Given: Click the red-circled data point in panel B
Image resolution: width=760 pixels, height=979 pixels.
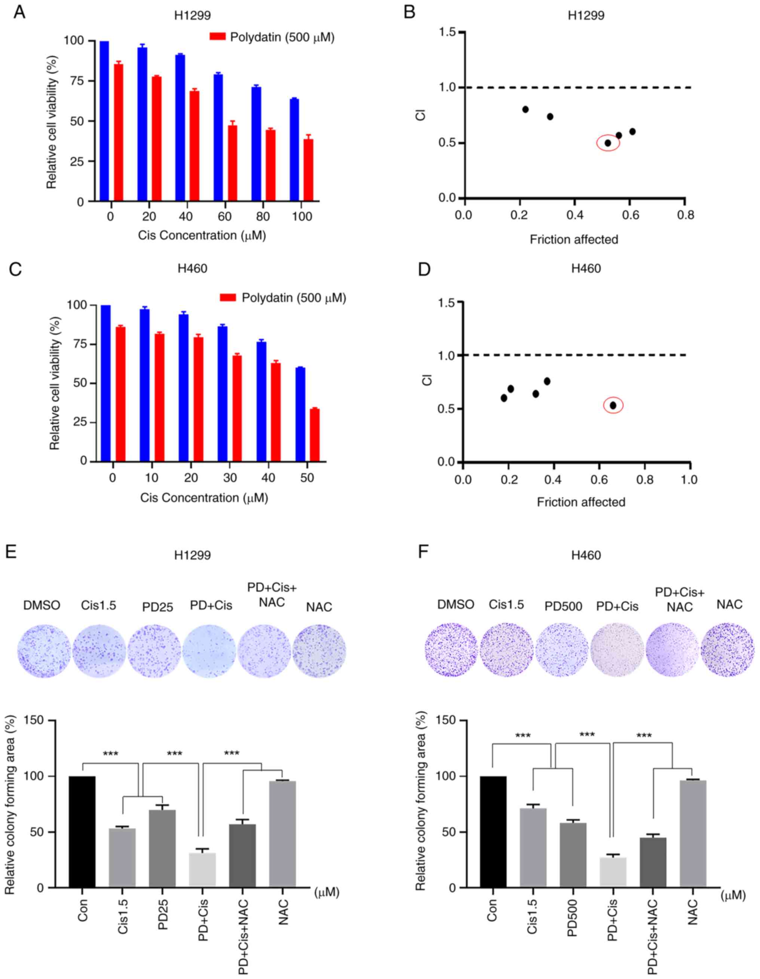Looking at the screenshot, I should (608, 143).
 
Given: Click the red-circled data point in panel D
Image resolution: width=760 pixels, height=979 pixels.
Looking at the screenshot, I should (613, 405).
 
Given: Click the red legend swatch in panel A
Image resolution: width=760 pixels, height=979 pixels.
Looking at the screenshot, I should (217, 37).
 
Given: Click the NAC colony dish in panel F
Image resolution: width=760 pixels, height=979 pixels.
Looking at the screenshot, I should (728, 649).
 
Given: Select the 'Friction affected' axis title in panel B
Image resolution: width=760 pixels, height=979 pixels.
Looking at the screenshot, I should (574, 239).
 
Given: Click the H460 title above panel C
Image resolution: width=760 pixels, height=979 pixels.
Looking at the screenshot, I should (192, 269).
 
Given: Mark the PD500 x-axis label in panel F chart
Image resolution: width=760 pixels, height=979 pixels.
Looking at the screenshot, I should (572, 915).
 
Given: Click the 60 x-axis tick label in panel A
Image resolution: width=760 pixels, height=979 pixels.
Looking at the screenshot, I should (224, 217).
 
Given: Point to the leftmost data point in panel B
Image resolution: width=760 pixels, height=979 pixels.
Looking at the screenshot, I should (525, 109).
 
